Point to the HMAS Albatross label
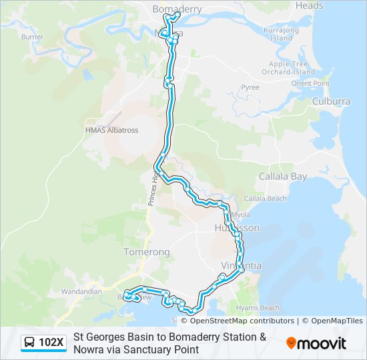(111, 130)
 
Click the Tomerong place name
(147, 252)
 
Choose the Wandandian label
(81, 291)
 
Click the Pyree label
(250, 87)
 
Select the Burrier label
(32, 37)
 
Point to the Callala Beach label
(265, 199)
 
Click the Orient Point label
(310, 83)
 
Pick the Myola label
(241, 215)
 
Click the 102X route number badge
(51, 343)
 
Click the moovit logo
(316, 343)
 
